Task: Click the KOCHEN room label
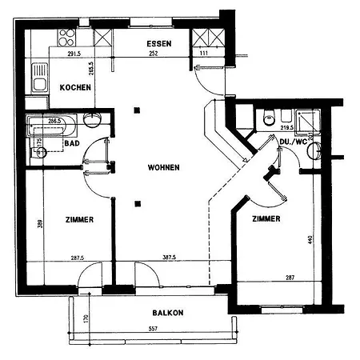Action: [75, 87]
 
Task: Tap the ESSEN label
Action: [159, 43]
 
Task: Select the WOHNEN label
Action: [163, 167]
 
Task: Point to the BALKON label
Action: [168, 313]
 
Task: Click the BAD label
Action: [72, 143]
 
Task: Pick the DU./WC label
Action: [293, 142]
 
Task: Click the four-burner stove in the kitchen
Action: [66, 38]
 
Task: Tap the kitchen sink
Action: [40, 78]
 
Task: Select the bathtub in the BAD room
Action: [52, 126]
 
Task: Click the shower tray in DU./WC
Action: [308, 121]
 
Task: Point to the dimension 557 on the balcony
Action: [153, 329]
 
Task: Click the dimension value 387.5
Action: [169, 258]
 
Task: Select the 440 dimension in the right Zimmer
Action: [310, 239]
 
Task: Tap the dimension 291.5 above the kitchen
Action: [74, 54]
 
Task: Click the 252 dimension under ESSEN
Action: [154, 54]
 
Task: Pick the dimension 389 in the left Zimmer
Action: [40, 223]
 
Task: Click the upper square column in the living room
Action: [137, 110]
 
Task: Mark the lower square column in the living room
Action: [138, 204]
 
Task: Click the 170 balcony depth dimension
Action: [86, 318]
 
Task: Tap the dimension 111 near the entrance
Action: [204, 54]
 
